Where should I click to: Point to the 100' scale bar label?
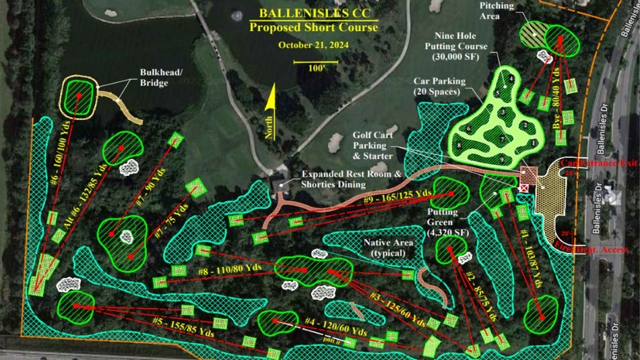pyautogui.click(x=315, y=68)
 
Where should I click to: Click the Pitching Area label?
pyautogui.click(x=497, y=11)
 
